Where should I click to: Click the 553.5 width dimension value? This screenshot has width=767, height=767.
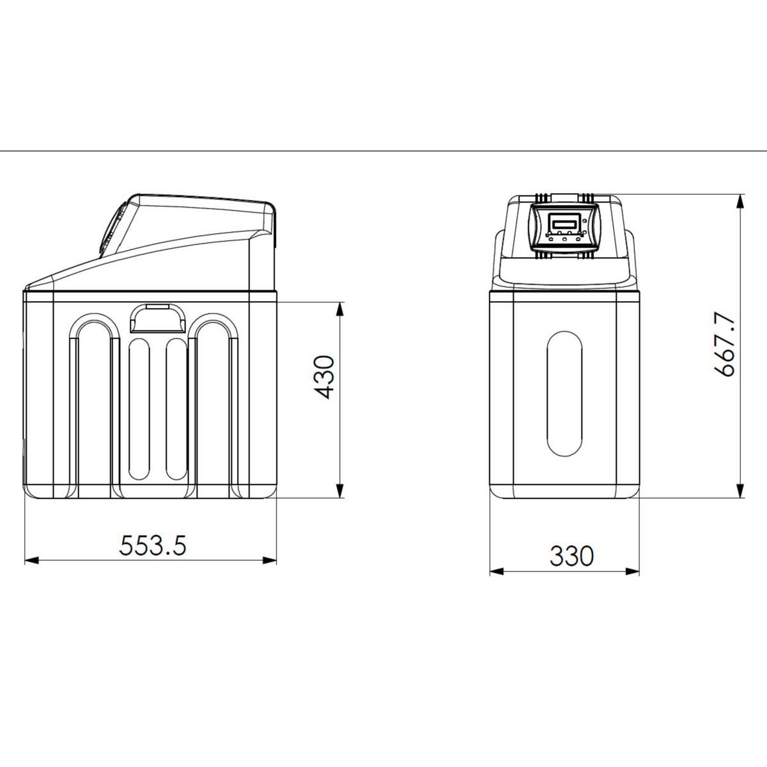point(153,546)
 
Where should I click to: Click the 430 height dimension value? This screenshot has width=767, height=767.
point(325,378)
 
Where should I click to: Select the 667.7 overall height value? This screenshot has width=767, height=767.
point(721,345)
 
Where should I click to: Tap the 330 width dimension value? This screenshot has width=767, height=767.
point(571,556)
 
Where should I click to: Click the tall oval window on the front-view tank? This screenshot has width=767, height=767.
point(564,392)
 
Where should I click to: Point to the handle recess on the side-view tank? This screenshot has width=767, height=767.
point(156,317)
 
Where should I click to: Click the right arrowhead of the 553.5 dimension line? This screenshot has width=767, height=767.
point(271,561)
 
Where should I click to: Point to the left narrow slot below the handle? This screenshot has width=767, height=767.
point(138,409)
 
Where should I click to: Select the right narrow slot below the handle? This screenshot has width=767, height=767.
point(174,409)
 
